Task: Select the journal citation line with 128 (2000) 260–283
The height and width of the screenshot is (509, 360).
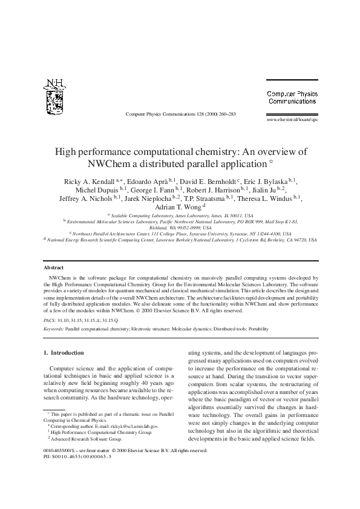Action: (x=180, y=113)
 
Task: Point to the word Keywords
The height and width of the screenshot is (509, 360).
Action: (x=53, y=329)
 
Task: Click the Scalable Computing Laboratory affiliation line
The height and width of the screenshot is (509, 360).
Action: (x=180, y=215)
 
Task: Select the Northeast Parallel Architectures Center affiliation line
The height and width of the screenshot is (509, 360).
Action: (x=180, y=233)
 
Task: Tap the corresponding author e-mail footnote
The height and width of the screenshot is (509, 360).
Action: (x=103, y=426)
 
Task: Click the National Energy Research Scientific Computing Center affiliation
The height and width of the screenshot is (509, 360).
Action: (x=180, y=240)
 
